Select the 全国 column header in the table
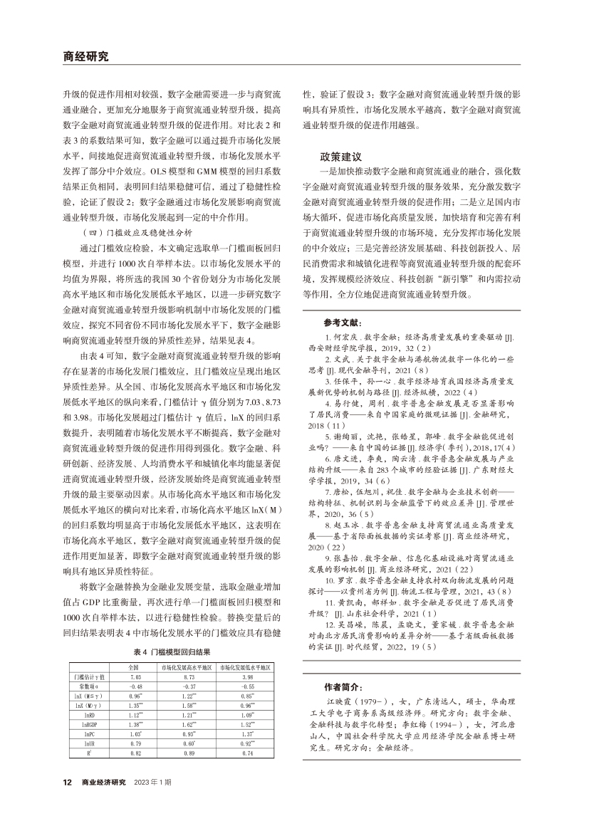[x=132, y=667]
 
